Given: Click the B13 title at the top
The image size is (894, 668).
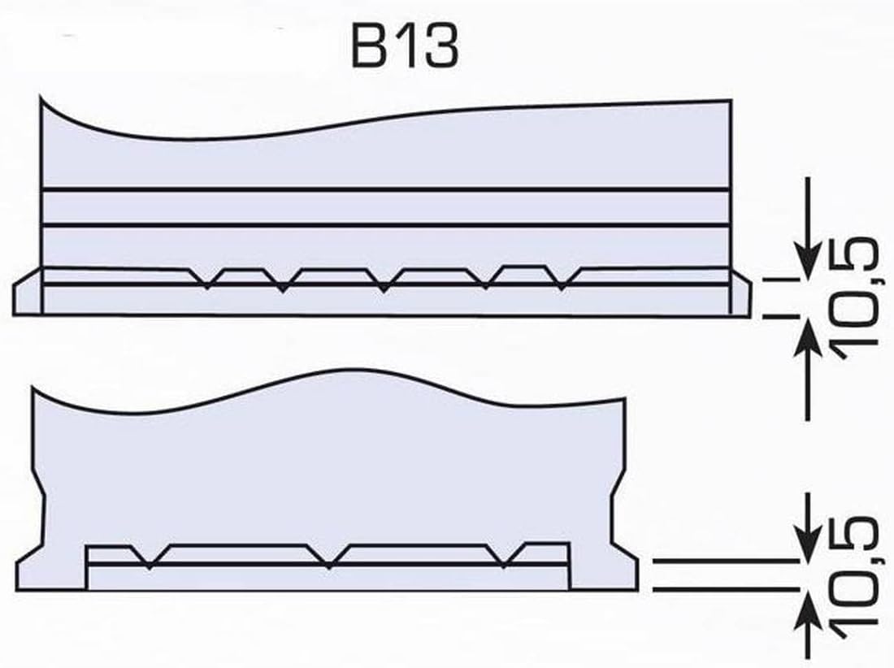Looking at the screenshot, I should click(404, 48).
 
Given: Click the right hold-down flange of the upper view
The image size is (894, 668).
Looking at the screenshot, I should click(741, 294).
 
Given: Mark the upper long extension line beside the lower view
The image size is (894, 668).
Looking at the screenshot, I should click(723, 561).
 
